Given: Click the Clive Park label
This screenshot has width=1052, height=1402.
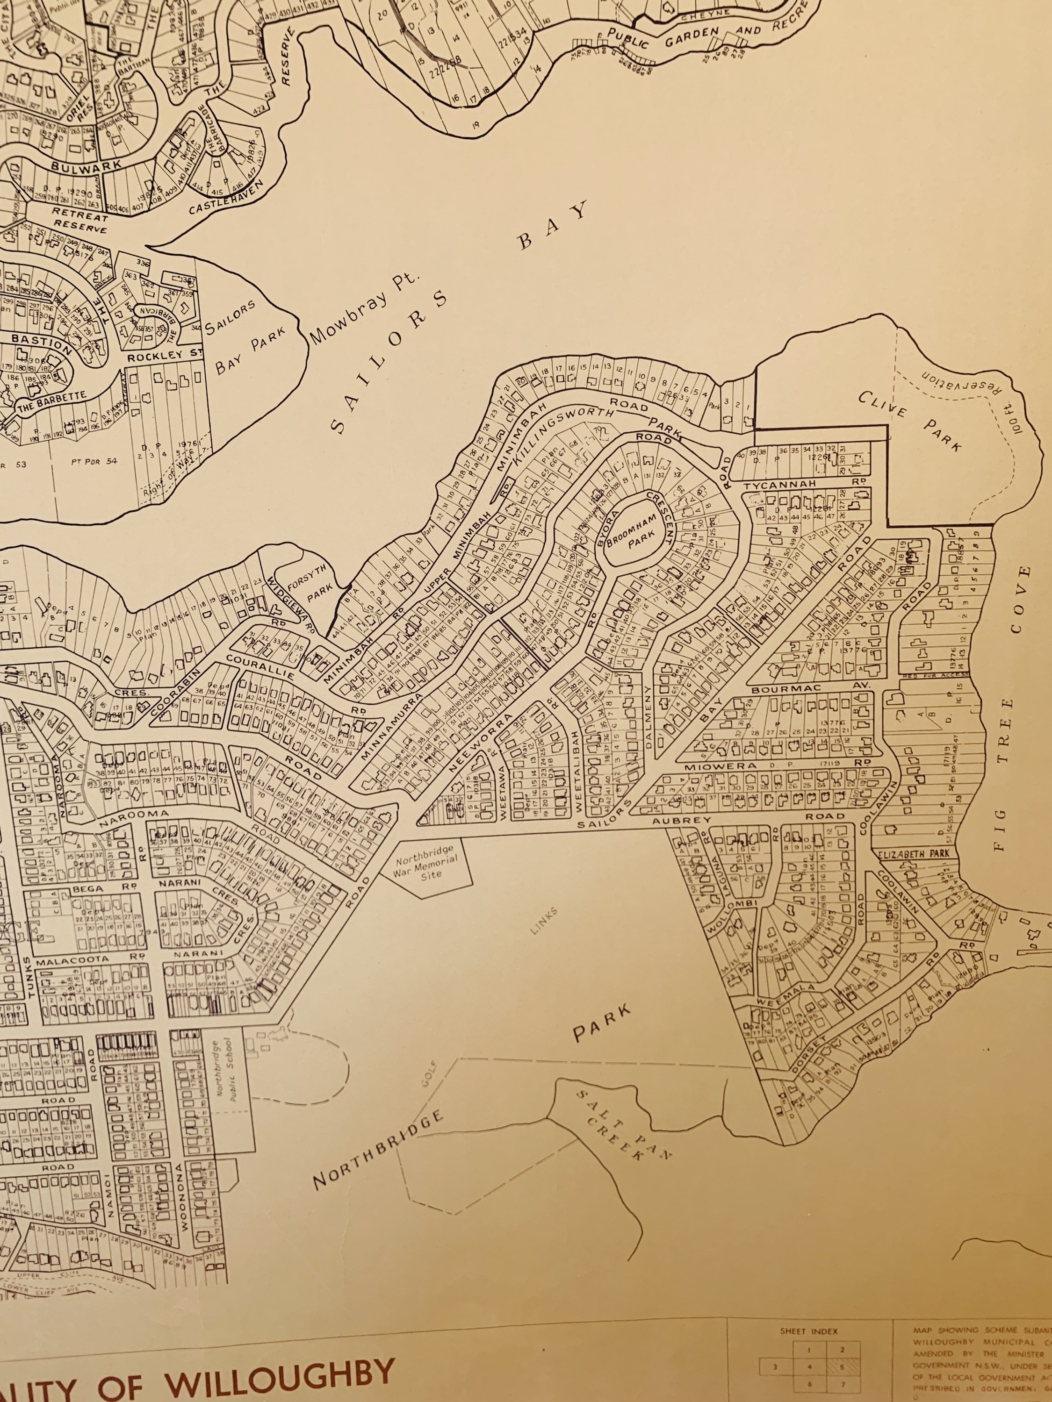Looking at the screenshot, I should [910, 421].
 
